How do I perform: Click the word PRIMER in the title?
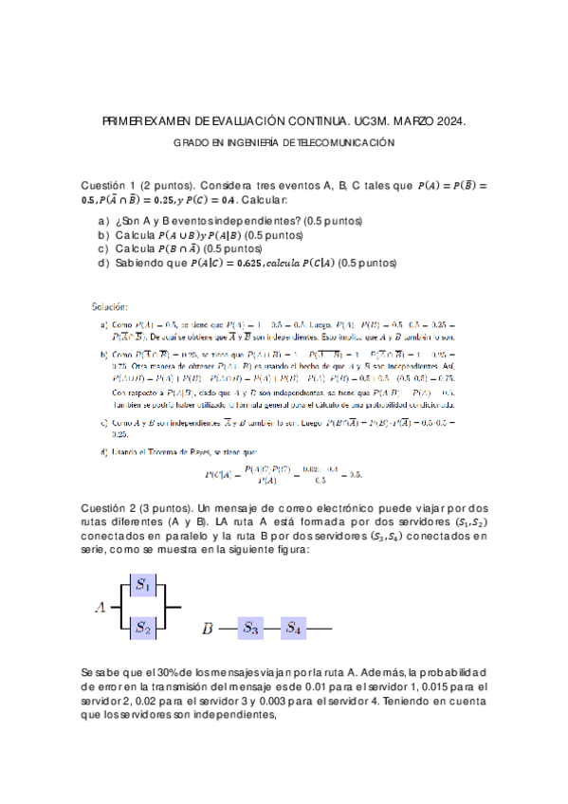click(128, 122)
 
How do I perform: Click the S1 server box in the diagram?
click(144, 585)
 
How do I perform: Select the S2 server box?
click(144, 627)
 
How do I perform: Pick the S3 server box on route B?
click(250, 627)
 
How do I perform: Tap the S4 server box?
click(294, 627)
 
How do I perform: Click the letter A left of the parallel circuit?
click(99, 607)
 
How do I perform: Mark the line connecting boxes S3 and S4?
click(272, 627)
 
